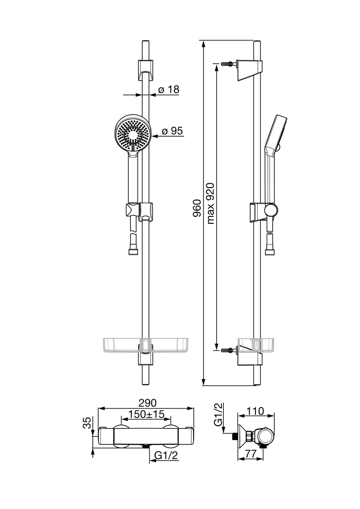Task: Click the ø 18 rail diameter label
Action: coord(169,89)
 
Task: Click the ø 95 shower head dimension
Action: coord(172,131)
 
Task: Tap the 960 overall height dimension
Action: coord(197,208)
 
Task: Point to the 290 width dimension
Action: coord(147,402)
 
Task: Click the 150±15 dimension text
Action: coord(146,414)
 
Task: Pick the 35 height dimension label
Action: coord(87,423)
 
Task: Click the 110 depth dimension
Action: coord(255,411)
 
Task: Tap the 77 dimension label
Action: coord(250,454)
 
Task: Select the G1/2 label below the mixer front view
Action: coord(166,455)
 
